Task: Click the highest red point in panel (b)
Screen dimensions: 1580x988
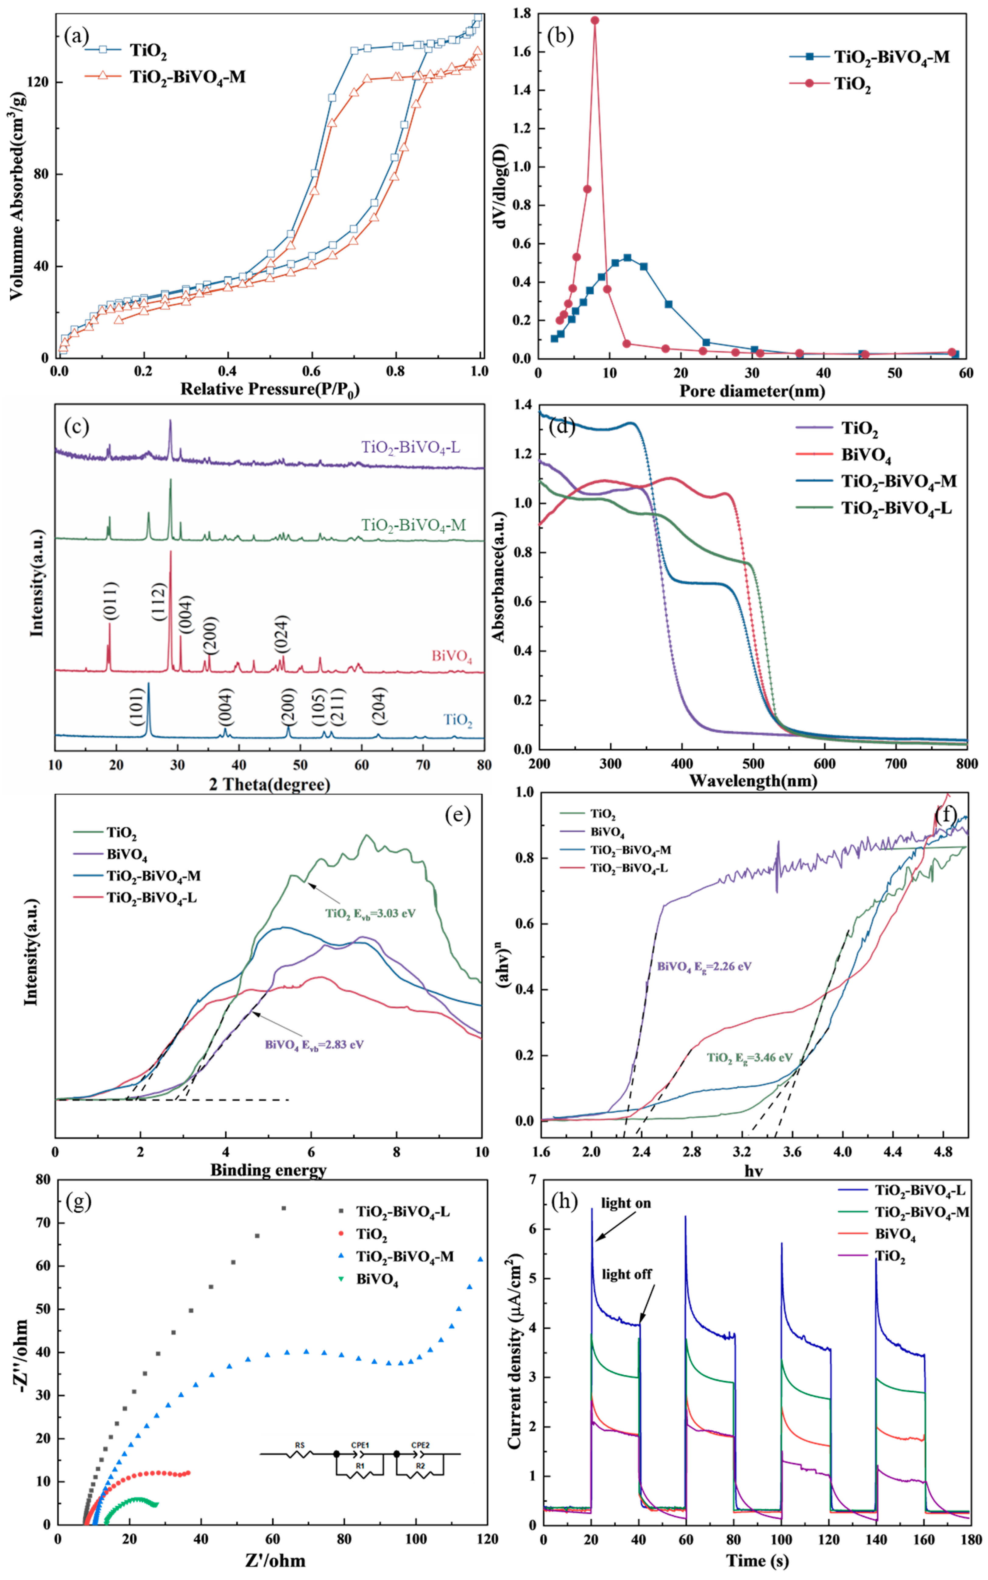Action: coord(595,20)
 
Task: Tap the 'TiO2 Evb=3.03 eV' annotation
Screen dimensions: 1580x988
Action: coord(370,913)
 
